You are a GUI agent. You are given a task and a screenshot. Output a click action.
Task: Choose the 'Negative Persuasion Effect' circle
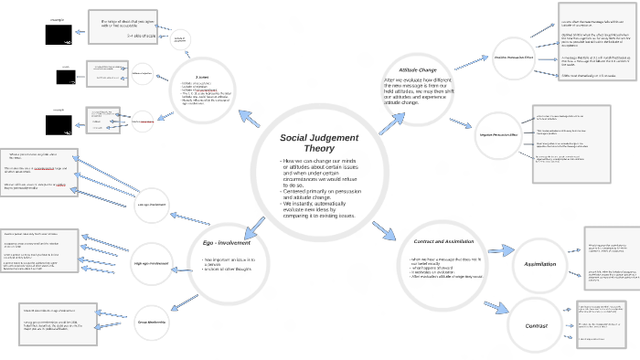point(498,135)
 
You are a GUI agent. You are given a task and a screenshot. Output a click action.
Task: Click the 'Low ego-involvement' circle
point(151,205)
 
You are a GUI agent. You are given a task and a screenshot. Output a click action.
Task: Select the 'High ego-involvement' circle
point(152,264)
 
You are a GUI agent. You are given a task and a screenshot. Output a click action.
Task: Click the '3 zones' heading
point(201,77)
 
